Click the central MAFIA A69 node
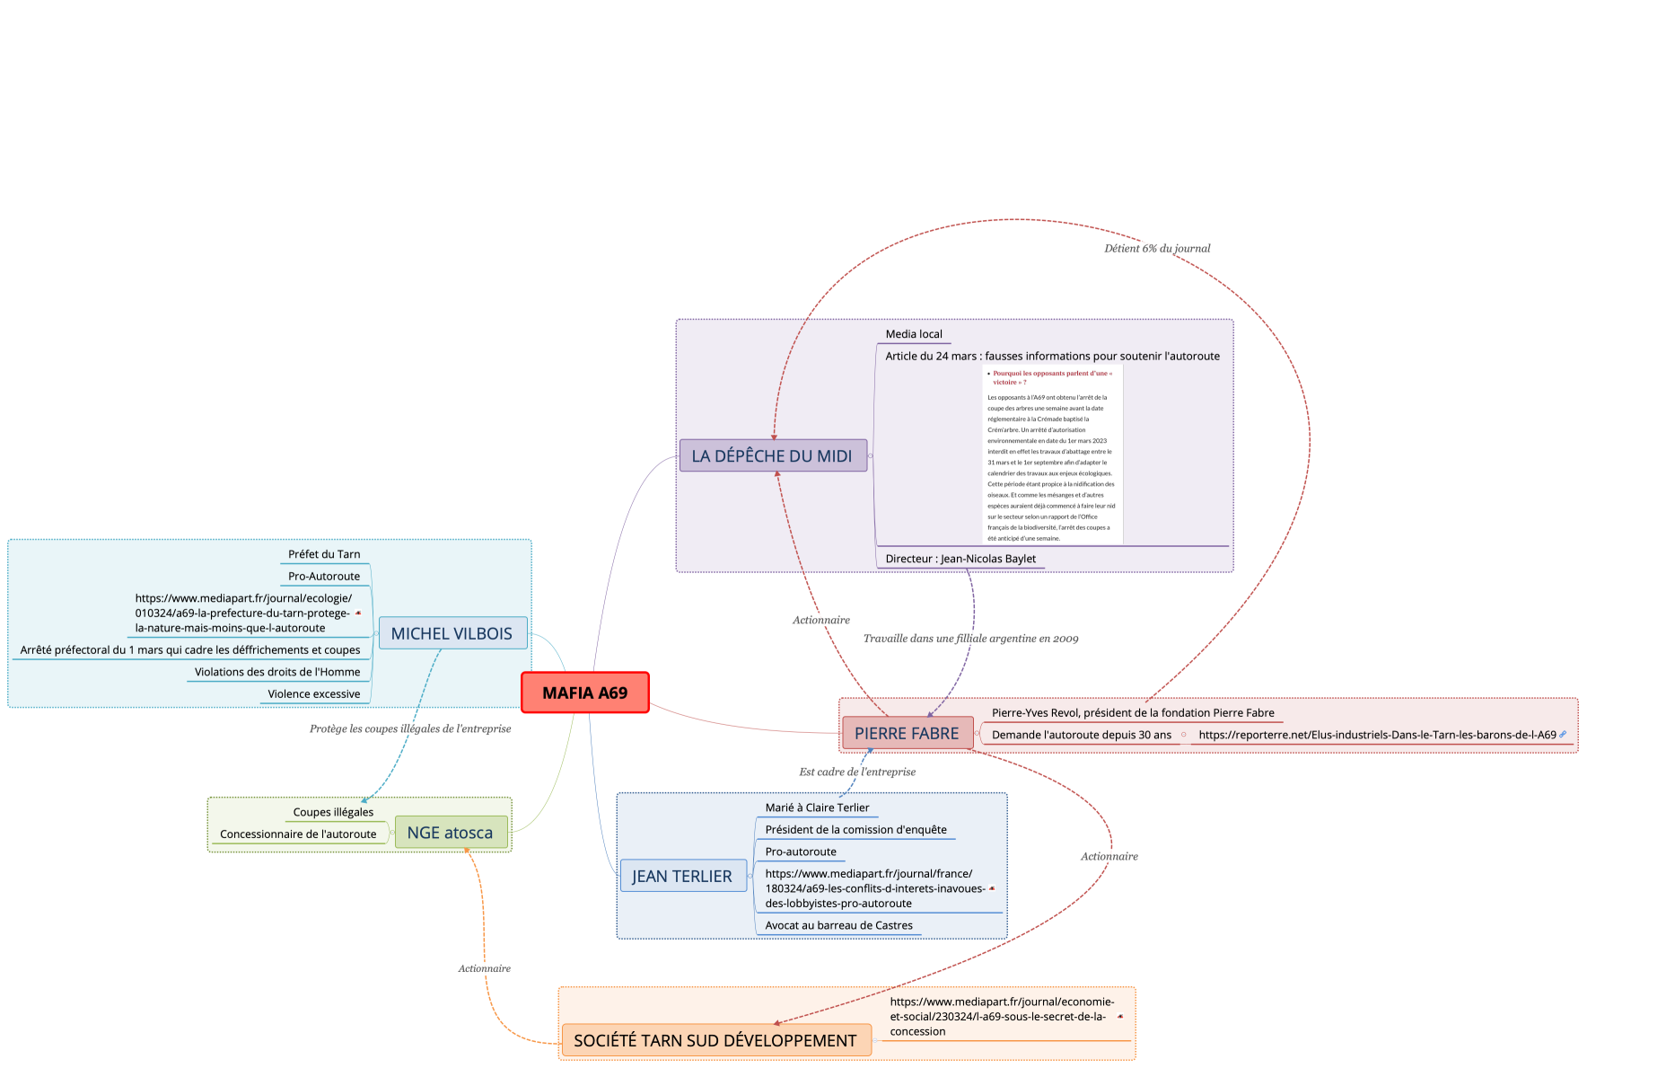pyautogui.click(x=584, y=693)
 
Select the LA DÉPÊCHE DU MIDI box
pyautogui.click(x=772, y=455)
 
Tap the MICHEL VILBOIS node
pyautogui.click(x=452, y=633)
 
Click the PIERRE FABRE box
pyautogui.click(x=907, y=733)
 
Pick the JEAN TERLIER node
pyautogui.click(x=682, y=876)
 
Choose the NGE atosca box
pyautogui.click(x=450, y=833)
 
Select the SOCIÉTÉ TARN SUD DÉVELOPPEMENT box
pyautogui.click(x=715, y=1040)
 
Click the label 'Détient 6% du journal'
pyautogui.click(x=1157, y=248)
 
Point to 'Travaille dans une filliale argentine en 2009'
pyautogui.click(x=970, y=639)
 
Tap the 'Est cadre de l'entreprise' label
pyautogui.click(x=857, y=772)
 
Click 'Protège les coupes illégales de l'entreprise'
pyautogui.click(x=410, y=728)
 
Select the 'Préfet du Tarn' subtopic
pyautogui.click(x=324, y=554)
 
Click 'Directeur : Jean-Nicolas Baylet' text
pyautogui.click(x=960, y=559)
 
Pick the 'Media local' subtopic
pyautogui.click(x=914, y=334)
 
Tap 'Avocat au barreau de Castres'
pyautogui.click(x=838, y=925)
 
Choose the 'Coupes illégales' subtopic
pyautogui.click(x=333, y=812)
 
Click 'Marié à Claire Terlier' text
pyautogui.click(x=817, y=808)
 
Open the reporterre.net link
pyautogui.click(x=1377, y=735)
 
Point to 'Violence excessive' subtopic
pyautogui.click(x=313, y=693)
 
